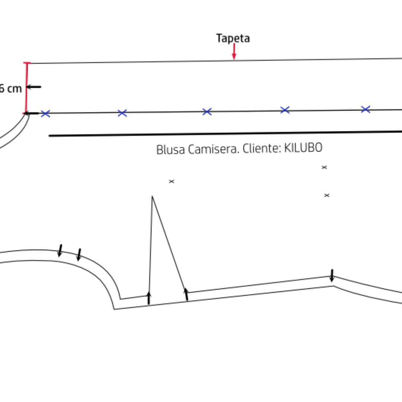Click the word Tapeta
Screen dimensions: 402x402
[233, 38]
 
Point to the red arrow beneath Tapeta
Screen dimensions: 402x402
[234, 52]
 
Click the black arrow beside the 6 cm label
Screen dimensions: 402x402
[33, 87]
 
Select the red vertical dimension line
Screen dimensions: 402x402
[26, 88]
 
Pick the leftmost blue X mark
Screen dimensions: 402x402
[45, 114]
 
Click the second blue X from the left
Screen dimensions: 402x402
[122, 113]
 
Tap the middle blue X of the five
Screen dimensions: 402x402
[207, 112]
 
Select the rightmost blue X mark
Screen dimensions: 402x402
[366, 109]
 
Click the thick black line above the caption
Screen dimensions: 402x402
[223, 134]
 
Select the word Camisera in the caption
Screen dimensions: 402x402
[213, 149]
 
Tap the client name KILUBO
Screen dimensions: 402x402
[303, 148]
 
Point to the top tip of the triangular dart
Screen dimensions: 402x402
[152, 197]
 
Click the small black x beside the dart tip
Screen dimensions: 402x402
[172, 181]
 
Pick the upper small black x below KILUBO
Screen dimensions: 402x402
[324, 167]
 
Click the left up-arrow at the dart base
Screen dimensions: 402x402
[149, 298]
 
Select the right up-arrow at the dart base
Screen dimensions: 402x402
[186, 294]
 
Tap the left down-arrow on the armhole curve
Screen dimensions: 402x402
[60, 251]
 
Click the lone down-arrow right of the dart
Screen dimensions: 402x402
[332, 275]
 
